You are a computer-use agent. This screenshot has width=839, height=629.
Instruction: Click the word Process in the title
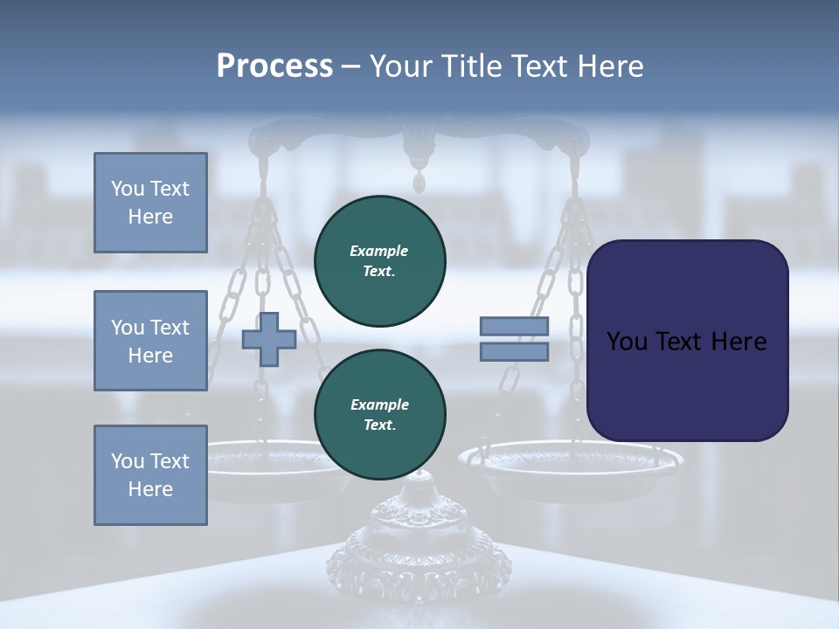pos(274,66)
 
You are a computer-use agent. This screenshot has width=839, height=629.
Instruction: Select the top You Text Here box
pos(150,203)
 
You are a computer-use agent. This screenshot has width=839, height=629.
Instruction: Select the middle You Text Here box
pos(150,341)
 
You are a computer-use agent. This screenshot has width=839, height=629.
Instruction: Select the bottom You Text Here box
pos(150,475)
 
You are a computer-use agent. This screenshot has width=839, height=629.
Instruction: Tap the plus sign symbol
pos(269,339)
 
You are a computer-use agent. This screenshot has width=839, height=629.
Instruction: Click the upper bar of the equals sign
pos(515,327)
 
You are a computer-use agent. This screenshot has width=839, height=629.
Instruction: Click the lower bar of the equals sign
pos(515,351)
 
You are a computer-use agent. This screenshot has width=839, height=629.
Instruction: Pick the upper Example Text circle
pos(380,260)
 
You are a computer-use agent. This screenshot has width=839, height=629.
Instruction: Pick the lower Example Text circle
pos(380,414)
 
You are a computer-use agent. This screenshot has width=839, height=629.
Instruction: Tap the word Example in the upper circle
pos(379,251)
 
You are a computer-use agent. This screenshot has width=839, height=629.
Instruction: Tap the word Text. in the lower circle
pos(379,425)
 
